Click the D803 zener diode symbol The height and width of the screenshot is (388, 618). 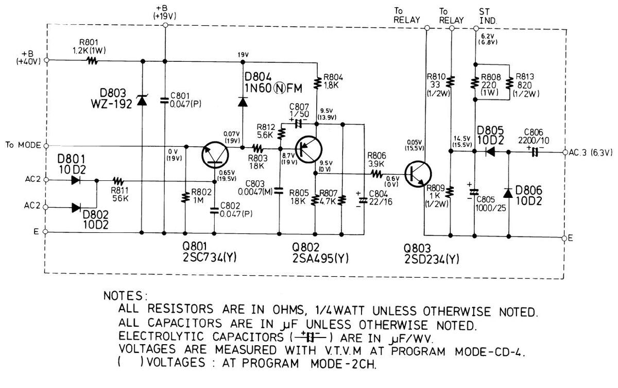coord(141,102)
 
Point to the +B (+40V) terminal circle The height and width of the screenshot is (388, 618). coord(47,60)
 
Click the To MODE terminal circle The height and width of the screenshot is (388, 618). coord(47,145)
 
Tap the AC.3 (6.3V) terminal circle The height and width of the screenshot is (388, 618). coord(565,153)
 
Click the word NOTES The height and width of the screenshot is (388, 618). coord(126,296)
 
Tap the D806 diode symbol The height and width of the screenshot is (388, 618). coord(508,193)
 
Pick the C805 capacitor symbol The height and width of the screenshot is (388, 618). coord(473,192)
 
